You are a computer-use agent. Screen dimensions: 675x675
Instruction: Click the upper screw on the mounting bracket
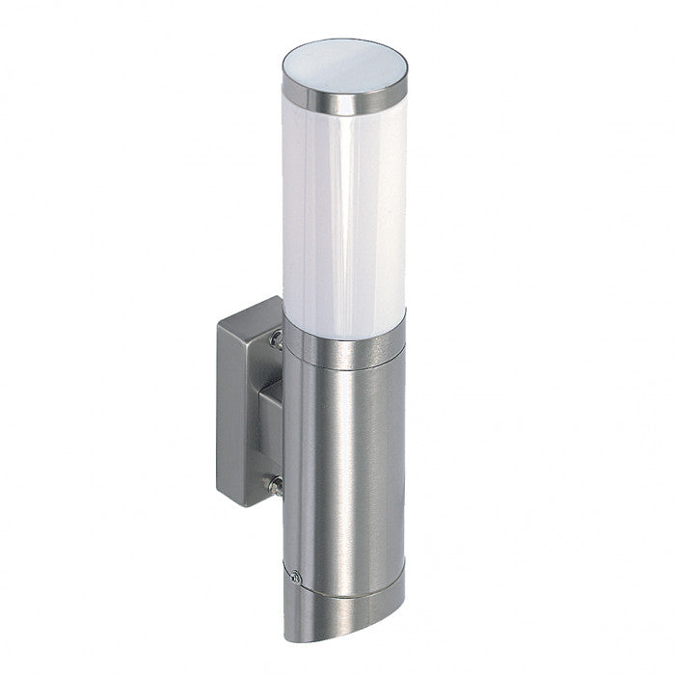(x=277, y=337)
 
